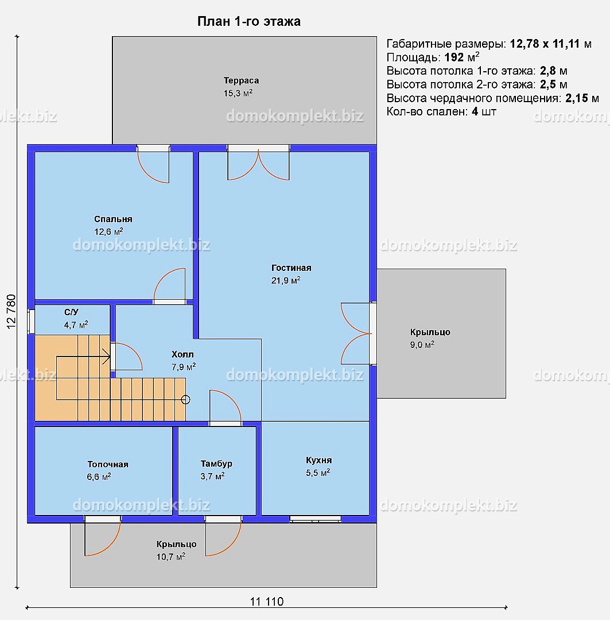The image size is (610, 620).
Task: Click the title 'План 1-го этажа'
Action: click(248, 21)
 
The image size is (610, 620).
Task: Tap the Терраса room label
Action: click(241, 87)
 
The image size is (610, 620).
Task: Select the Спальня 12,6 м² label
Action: click(113, 226)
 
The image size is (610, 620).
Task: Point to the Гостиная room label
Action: click(291, 274)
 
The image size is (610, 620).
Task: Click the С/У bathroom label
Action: click(76, 318)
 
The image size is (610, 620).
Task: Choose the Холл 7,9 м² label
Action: click(184, 360)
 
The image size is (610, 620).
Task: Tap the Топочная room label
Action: click(107, 470)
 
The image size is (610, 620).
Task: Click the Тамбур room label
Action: click(216, 470)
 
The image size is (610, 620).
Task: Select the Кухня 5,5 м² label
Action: click(318, 466)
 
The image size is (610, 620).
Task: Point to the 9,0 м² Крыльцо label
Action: click(430, 338)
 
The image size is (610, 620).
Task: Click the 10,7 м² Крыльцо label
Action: click(176, 550)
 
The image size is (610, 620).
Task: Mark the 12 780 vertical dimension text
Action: click(11, 312)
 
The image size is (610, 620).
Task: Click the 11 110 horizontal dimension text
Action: click(267, 602)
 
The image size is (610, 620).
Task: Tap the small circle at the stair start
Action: click(185, 400)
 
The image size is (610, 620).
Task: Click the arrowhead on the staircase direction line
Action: click(107, 356)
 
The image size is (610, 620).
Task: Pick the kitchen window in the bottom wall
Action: click(316, 519)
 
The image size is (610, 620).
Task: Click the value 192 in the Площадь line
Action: click(454, 57)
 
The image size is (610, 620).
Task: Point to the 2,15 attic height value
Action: click(576, 98)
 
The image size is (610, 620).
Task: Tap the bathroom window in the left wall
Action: click(31, 321)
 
